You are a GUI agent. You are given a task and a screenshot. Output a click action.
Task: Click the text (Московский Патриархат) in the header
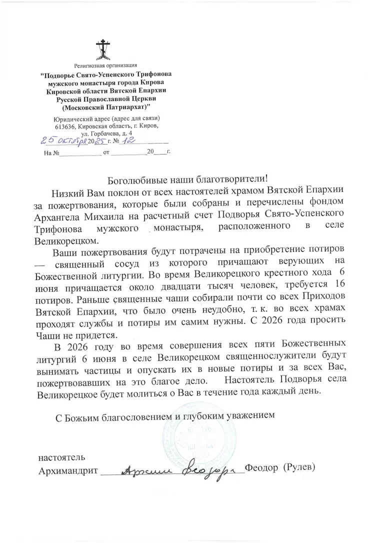click(105, 107)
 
